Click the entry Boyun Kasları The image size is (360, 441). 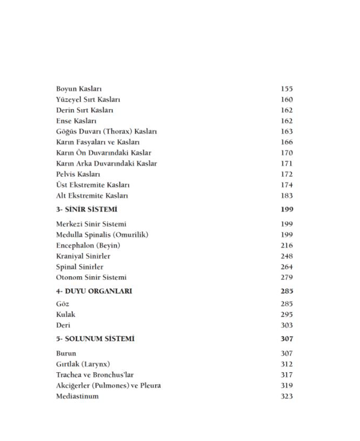click(x=79, y=89)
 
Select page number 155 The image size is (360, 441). click(x=286, y=89)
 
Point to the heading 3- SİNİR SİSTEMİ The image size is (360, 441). click(x=86, y=209)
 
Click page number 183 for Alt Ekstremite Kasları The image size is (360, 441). click(x=286, y=196)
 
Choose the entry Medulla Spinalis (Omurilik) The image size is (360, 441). click(x=102, y=235)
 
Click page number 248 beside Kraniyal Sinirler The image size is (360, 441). click(x=286, y=256)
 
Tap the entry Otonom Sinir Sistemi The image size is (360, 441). click(x=91, y=278)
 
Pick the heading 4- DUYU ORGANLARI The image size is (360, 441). click(x=94, y=291)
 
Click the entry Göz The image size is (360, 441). click(x=63, y=304)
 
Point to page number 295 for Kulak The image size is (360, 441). click(x=286, y=315)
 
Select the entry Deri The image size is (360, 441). click(x=63, y=325)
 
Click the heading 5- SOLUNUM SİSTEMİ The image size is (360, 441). click(x=95, y=339)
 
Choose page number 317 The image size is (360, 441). click(x=286, y=375)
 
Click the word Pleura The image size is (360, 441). click(x=150, y=386)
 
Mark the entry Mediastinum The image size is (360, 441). click(x=77, y=396)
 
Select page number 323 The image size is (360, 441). click(x=286, y=396)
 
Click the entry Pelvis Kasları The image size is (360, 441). click(x=78, y=174)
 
